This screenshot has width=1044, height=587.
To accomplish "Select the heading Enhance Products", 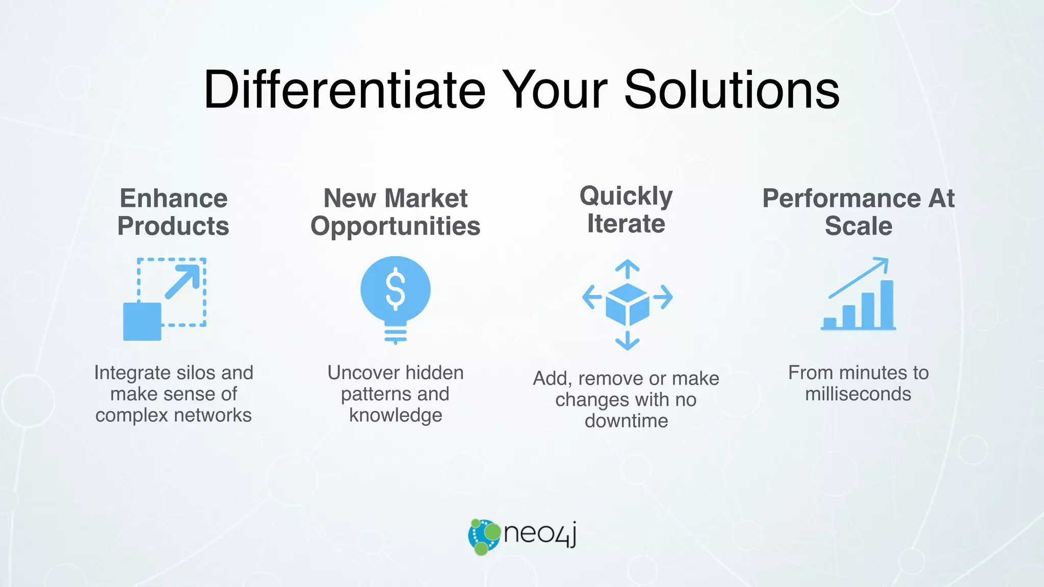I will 173,212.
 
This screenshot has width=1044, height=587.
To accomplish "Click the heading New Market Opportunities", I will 396,212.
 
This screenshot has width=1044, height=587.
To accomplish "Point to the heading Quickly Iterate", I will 626,209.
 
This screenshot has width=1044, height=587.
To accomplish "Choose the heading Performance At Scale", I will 858,212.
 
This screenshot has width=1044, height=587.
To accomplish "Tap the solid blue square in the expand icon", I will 142,322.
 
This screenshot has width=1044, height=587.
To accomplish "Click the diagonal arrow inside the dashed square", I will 182,281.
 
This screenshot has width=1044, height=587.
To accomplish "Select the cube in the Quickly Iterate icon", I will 628,304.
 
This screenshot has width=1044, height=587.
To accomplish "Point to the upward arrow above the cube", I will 628,269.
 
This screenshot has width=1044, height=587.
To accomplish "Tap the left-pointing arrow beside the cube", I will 592,297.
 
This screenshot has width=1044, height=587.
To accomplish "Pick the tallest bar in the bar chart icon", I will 887,304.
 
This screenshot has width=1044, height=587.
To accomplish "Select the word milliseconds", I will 858,394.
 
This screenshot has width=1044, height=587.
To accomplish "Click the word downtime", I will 626,421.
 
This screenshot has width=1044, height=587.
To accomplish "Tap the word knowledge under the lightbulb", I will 396,415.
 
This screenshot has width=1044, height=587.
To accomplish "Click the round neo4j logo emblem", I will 484,537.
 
